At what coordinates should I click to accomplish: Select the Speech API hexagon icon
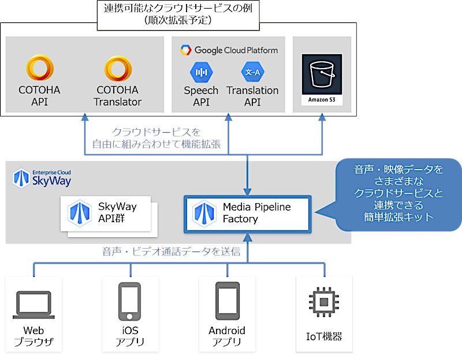pyautogui.click(x=201, y=72)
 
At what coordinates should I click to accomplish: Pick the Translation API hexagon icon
pyautogui.click(x=252, y=72)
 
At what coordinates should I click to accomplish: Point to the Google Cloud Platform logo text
pyautogui.click(x=229, y=50)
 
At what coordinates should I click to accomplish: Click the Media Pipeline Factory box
pyautogui.click(x=248, y=214)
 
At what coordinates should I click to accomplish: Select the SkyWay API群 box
pyautogui.click(x=106, y=213)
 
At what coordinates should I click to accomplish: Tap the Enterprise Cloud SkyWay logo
pyautogui.click(x=42, y=178)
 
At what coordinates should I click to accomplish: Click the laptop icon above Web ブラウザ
pyautogui.click(x=33, y=305)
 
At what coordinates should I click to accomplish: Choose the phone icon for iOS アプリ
pyautogui.click(x=129, y=301)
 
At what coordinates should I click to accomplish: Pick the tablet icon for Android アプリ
pyautogui.click(x=227, y=301)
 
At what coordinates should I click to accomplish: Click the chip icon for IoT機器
pyautogui.click(x=324, y=302)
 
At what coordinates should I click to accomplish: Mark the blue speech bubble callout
pyautogui.click(x=395, y=195)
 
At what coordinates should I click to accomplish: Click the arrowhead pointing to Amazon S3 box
pyautogui.click(x=322, y=117)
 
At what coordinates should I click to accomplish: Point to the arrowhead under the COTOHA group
pyautogui.click(x=85, y=117)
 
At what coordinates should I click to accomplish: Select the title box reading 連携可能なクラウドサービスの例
pyautogui.click(x=178, y=15)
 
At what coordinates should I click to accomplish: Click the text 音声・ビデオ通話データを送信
pyautogui.click(x=171, y=252)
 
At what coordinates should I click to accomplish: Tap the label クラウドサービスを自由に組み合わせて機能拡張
pyautogui.click(x=157, y=138)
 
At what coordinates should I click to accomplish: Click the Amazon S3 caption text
pyautogui.click(x=322, y=99)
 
